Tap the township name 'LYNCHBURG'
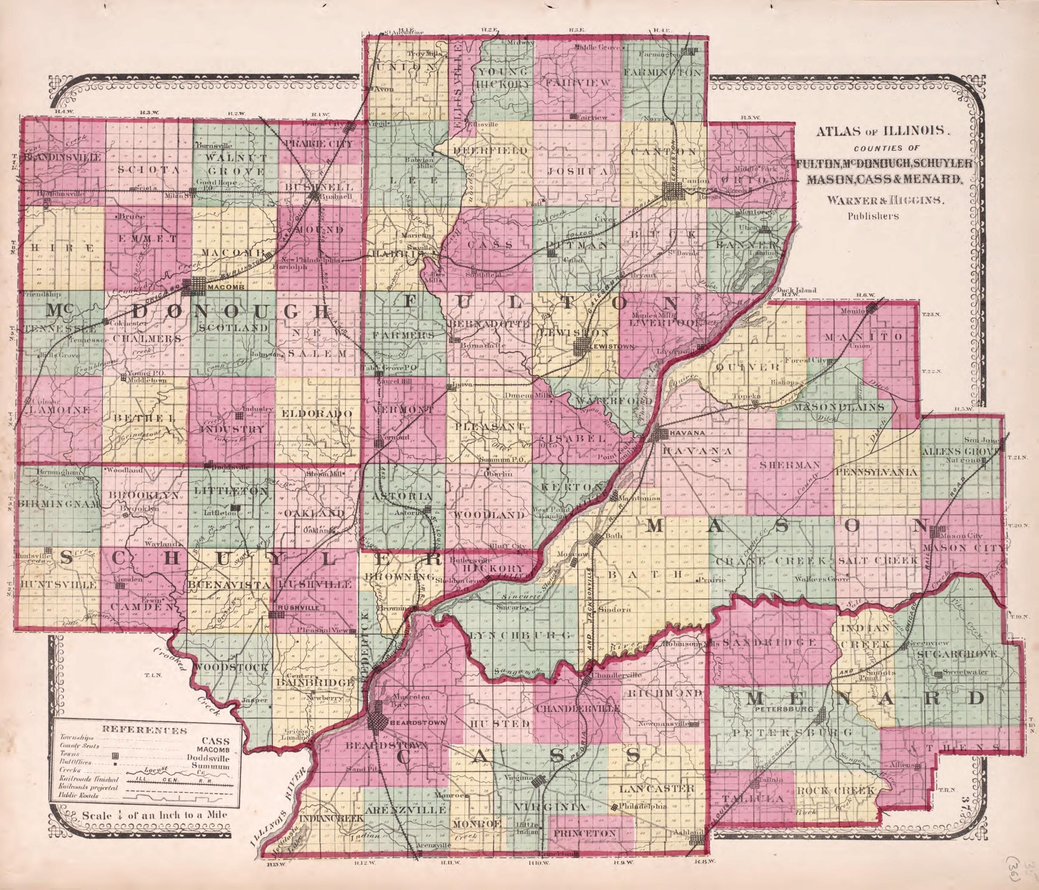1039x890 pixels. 521,635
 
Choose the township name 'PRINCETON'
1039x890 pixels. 591,833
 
